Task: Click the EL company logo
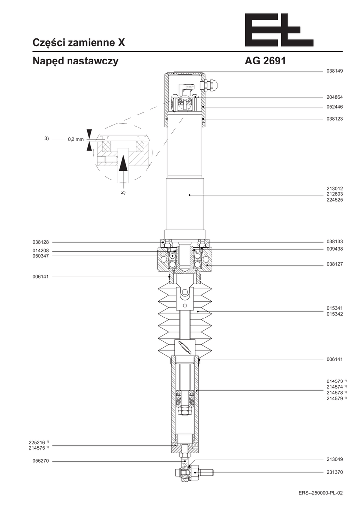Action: click(x=279, y=30)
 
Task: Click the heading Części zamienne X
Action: click(x=79, y=43)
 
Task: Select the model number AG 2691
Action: click(x=265, y=61)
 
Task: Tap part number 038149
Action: click(x=334, y=71)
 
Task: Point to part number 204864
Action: click(x=334, y=97)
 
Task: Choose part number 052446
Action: click(x=334, y=107)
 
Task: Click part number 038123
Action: click(x=334, y=119)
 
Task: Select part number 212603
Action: click(x=334, y=194)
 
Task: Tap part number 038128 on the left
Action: click(x=41, y=242)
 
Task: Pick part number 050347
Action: click(x=41, y=256)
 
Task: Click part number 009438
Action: click(x=334, y=249)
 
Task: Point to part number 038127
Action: click(x=334, y=264)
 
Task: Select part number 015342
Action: click(x=334, y=314)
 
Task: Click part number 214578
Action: click(x=334, y=393)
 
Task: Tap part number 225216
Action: click(x=36, y=442)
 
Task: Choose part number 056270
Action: click(x=41, y=461)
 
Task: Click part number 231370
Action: click(x=334, y=472)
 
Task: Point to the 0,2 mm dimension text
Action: click(x=75, y=139)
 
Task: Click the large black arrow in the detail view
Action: click(x=122, y=163)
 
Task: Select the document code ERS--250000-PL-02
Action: click(x=320, y=493)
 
